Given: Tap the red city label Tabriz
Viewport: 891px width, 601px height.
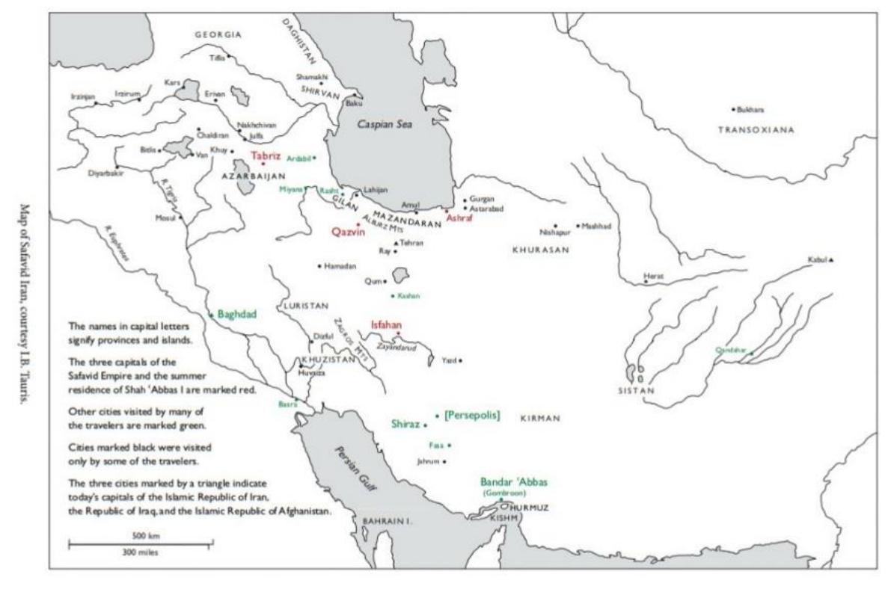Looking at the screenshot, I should tap(266, 155).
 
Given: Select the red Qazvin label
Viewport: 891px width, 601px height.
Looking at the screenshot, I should tap(347, 232).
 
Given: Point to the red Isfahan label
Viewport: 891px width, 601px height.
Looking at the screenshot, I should tap(387, 324).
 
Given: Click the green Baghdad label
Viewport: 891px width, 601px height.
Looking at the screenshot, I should tap(236, 315).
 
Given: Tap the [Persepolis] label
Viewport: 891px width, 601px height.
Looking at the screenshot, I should tap(471, 414).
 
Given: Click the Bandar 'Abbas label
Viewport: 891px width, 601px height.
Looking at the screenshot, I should tap(509, 482).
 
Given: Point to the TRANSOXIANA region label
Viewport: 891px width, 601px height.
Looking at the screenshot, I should tap(756, 129).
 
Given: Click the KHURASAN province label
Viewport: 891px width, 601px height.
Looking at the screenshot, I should tap(541, 250).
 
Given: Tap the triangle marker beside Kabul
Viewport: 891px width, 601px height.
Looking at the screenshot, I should tap(830, 260).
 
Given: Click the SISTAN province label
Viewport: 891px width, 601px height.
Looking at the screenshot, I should tap(636, 390).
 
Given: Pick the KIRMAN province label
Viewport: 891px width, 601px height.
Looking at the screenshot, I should tap(540, 419).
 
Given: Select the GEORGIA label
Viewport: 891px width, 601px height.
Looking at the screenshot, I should tap(218, 35).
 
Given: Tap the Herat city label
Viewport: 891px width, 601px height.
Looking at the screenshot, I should tap(653, 275).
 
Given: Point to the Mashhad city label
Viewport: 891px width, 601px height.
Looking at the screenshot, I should tap(596, 226).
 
